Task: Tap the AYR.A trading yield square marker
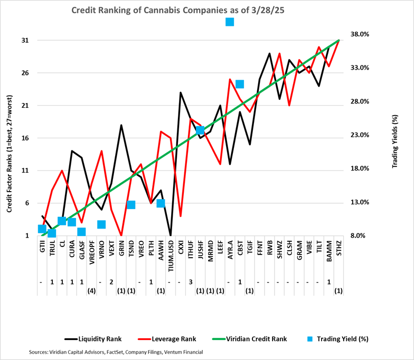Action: click(230, 22)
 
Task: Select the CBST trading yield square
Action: click(240, 84)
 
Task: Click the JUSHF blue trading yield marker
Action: click(200, 130)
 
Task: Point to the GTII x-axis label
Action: click(42, 248)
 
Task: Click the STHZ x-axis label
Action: click(338, 249)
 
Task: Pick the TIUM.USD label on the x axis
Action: click(170, 254)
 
